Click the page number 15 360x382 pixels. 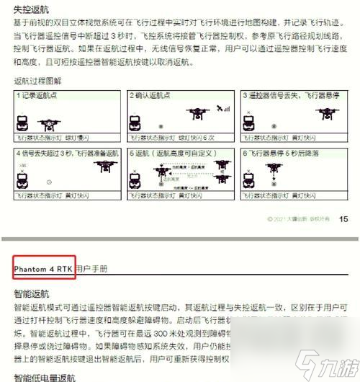click(343, 219)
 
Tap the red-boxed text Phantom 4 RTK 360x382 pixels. click(42, 269)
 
